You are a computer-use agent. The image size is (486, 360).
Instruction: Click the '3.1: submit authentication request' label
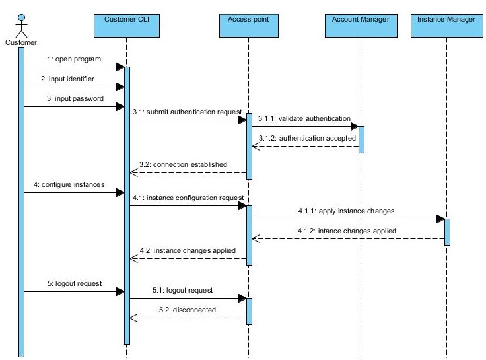(188, 112)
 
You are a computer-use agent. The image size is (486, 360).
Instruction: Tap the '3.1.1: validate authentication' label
(304, 118)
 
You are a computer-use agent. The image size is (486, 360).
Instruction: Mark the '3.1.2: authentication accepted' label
(307, 138)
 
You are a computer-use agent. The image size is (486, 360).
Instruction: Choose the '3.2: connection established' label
(184, 164)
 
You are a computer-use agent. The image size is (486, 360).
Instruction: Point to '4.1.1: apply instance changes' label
(345, 211)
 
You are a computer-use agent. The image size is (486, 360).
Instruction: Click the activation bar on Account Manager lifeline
(362, 139)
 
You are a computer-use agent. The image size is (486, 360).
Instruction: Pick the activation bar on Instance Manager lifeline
(447, 232)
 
